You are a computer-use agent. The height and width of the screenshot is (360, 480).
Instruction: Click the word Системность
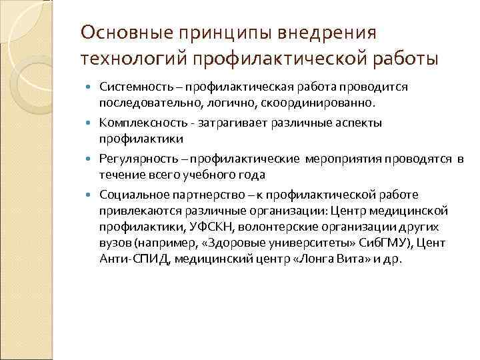click(138, 87)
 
